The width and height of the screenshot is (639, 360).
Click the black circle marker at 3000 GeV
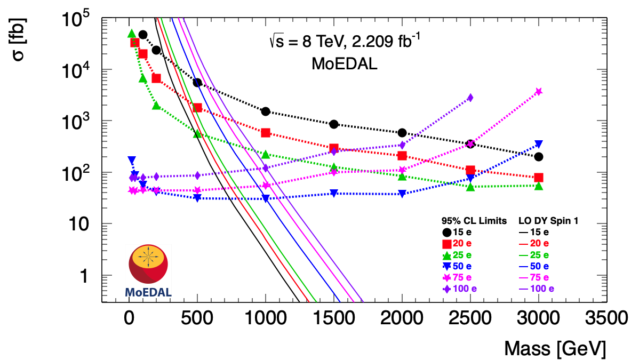[x=538, y=157]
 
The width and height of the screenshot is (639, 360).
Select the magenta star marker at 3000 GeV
[x=538, y=92]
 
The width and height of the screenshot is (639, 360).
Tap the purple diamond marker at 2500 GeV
[x=470, y=98]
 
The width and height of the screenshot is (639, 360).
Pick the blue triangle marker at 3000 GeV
[x=538, y=145]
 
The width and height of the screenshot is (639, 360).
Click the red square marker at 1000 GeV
[x=266, y=133]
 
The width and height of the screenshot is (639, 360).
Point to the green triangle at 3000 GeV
[x=538, y=186]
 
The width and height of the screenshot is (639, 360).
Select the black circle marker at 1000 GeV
[x=266, y=111]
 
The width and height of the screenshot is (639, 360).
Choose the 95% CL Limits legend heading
[x=474, y=220]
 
